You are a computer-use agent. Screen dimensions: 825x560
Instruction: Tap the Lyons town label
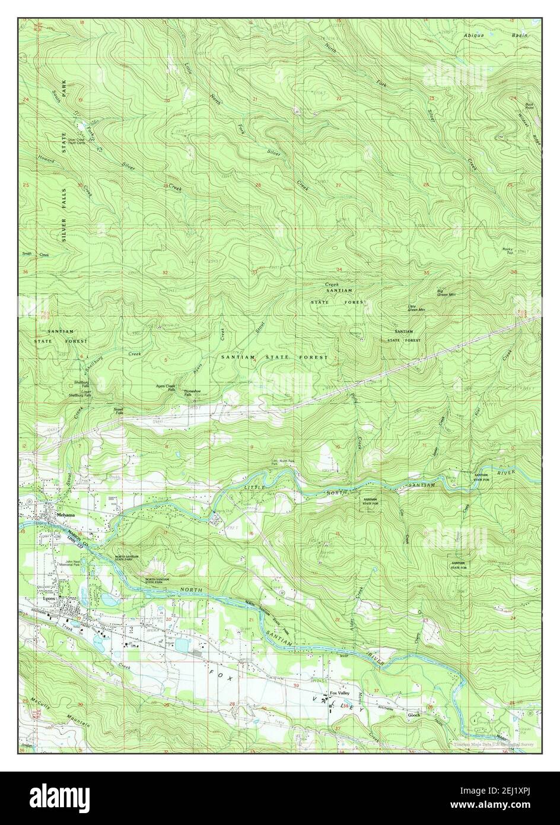point(49,598)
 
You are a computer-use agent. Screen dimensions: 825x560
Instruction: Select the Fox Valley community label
point(340,694)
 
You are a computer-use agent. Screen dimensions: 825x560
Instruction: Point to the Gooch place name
point(413,715)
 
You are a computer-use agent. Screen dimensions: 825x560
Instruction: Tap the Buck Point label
point(529,107)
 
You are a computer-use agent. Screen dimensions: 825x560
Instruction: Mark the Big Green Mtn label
point(446,293)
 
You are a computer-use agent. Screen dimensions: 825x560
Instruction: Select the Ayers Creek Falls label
point(166,388)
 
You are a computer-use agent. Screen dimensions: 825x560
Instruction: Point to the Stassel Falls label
point(119,411)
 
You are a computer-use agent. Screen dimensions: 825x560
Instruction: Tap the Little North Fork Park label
point(283,462)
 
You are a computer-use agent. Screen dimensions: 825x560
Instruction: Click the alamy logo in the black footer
point(59,795)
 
